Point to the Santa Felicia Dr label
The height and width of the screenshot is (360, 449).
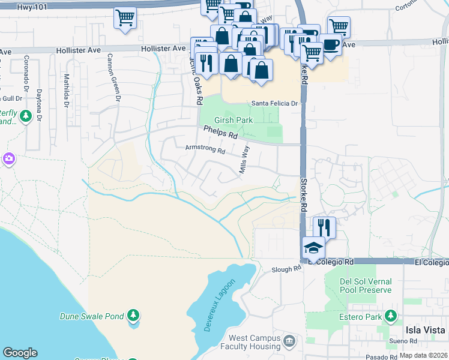[274, 103]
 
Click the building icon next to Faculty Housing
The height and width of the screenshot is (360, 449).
[289, 341]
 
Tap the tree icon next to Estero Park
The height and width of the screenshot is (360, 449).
[391, 316]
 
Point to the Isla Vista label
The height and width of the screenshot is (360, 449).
[425, 330]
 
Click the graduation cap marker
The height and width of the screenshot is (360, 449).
[313, 247]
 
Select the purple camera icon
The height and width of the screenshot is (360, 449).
[8, 159]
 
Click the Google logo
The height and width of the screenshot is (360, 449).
[20, 353]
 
